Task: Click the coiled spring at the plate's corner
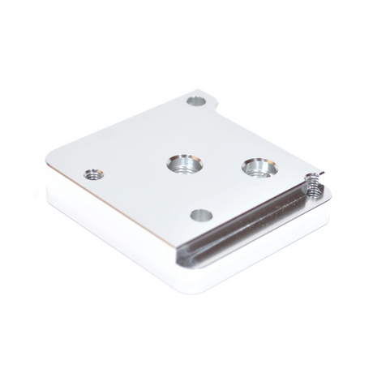pos(311,187)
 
